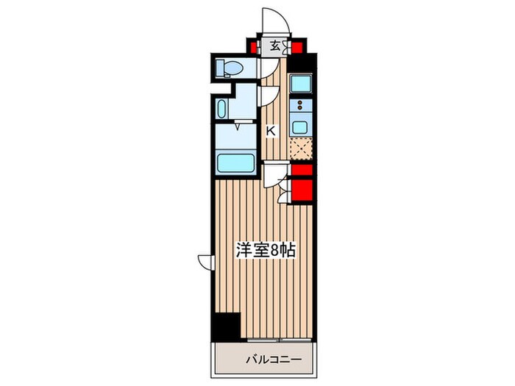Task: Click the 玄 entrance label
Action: (x=274, y=46)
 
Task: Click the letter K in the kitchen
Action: (x=270, y=131)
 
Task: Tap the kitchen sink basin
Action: (x=300, y=127)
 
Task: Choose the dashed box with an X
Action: (x=300, y=149)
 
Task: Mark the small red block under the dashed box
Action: (x=301, y=170)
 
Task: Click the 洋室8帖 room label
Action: (x=265, y=251)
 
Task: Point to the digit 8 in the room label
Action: (x=274, y=251)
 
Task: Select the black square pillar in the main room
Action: (x=227, y=326)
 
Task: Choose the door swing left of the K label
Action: (x=268, y=96)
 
